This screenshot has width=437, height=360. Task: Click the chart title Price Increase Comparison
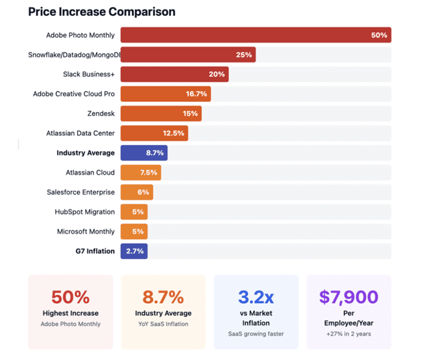(x=101, y=12)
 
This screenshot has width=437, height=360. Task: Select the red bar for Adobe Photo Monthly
(x=256, y=35)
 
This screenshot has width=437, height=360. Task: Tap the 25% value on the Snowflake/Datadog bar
(x=244, y=55)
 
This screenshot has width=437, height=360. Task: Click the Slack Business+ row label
(x=89, y=74)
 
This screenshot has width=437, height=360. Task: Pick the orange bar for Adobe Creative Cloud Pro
(x=165, y=94)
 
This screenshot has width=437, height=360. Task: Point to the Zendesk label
(x=101, y=114)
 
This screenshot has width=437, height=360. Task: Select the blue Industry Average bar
(x=144, y=153)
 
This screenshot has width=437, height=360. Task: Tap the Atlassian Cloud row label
(x=90, y=172)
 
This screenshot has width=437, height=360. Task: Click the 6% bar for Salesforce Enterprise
(x=136, y=192)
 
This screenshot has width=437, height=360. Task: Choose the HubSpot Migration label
(x=85, y=212)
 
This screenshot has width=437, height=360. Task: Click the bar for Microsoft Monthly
(x=134, y=232)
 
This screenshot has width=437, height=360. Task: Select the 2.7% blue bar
(x=134, y=251)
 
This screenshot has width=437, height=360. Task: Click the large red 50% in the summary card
(x=70, y=297)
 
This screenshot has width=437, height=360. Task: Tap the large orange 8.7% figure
(x=163, y=297)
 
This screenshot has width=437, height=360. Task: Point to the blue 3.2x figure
(x=256, y=297)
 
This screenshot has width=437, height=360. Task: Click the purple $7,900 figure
(x=349, y=297)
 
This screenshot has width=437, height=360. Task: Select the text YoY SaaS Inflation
(x=163, y=324)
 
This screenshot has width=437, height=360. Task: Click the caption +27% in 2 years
(x=349, y=334)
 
